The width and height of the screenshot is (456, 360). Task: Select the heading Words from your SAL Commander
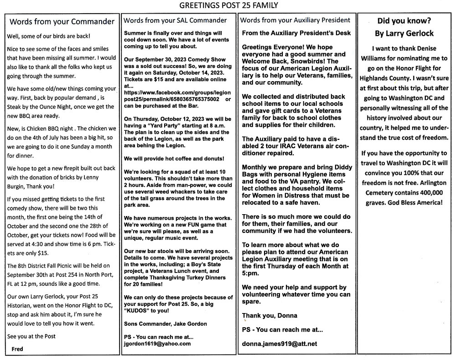click(176, 20)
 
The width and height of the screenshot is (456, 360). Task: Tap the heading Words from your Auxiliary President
click(295, 20)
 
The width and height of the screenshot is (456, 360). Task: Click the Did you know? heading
click(404, 21)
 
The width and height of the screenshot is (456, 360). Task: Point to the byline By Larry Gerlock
click(404, 33)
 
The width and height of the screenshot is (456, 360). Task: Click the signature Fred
click(17, 349)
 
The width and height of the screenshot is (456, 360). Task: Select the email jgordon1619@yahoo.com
click(157, 344)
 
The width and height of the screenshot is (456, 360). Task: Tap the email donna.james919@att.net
click(279, 344)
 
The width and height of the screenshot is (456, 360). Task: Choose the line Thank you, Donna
click(269, 315)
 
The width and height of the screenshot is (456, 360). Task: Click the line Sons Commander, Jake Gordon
click(165, 324)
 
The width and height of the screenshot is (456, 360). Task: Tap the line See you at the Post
click(31, 337)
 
